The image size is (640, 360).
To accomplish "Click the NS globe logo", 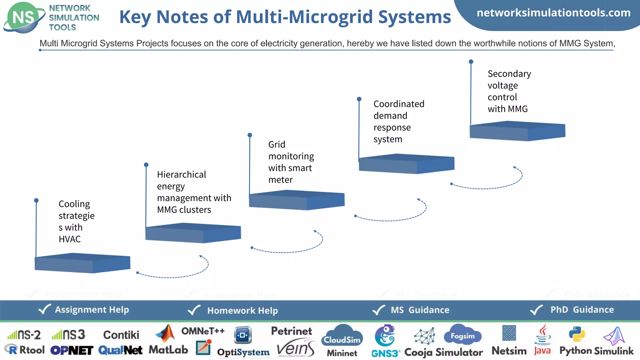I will pyautogui.click(x=23, y=17).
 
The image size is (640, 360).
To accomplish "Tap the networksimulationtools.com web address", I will pyautogui.click(x=553, y=13).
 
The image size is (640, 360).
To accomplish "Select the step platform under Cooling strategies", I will pyautogui.click(x=82, y=263).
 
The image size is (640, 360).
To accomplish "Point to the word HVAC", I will pyautogui.click(x=70, y=239).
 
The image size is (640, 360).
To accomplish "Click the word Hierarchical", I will pyautogui.click(x=181, y=174).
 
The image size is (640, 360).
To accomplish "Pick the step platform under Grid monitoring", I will pyautogui.click(x=297, y=200).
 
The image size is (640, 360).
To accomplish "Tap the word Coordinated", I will pyautogui.click(x=399, y=104).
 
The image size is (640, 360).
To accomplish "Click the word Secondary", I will pyautogui.click(x=509, y=74).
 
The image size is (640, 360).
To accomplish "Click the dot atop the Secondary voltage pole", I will pyautogui.click(x=471, y=62).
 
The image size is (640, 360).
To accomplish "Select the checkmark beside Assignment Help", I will pyautogui.click(x=44, y=309).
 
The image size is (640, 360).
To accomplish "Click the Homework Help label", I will pyautogui.click(x=242, y=310).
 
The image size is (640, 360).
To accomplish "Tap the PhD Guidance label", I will pyautogui.click(x=582, y=310).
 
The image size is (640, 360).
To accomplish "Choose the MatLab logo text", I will pyautogui.click(x=168, y=349).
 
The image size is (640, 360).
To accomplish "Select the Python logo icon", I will pyautogui.click(x=577, y=335).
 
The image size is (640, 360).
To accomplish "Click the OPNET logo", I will pyautogui.click(x=72, y=350).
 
